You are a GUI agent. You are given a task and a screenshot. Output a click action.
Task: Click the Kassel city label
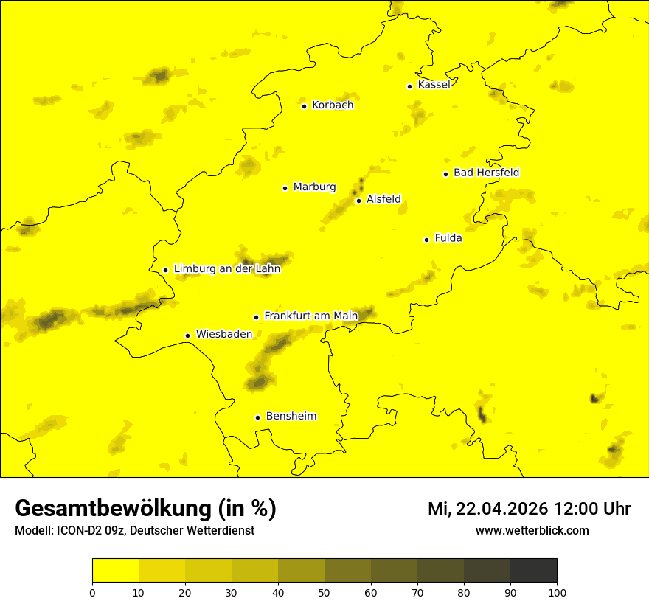coord(434,85)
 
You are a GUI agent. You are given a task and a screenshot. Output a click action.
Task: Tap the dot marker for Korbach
coord(304,106)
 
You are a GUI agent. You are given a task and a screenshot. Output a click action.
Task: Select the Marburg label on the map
coord(314,187)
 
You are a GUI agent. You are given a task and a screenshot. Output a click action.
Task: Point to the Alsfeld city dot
coord(358,201)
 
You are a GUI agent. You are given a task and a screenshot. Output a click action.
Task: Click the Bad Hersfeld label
coord(486,173)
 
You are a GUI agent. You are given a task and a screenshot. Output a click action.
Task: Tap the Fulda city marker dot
coord(426,240)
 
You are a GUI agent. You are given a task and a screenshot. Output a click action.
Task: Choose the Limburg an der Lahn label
coord(226,269)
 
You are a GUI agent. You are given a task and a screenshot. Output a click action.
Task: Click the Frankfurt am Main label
coord(310,316)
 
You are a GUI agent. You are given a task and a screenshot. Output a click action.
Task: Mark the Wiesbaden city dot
coord(187,335)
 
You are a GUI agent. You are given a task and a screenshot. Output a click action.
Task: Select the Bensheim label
coord(291,417)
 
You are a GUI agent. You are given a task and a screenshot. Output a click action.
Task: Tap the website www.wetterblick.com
coord(532,531)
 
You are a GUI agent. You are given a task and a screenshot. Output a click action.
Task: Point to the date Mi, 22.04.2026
coord(487,509)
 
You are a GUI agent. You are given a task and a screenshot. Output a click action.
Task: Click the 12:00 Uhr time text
coord(592,509)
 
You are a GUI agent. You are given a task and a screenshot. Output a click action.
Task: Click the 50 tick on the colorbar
coord(324,591)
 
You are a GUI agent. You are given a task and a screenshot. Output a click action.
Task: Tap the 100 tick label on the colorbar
coord(557,591)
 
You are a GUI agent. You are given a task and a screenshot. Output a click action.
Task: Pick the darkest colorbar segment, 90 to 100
coord(533,570)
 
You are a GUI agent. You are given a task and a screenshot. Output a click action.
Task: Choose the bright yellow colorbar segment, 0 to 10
coord(115,570)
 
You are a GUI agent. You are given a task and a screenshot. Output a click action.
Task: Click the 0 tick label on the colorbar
coord(92,591)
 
